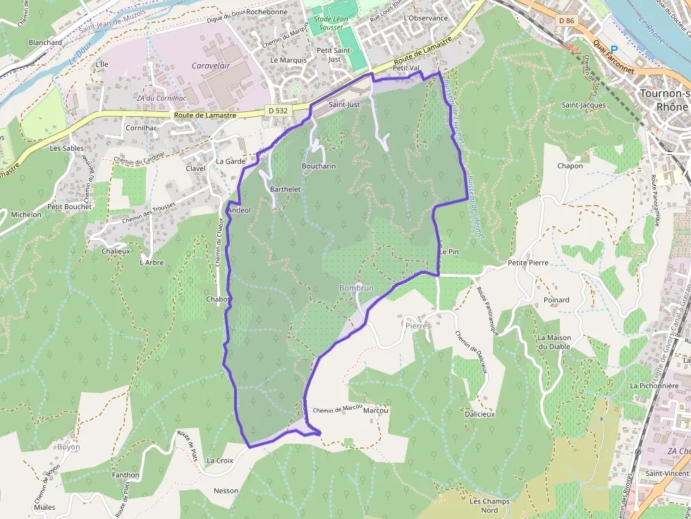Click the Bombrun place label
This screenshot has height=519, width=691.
356,288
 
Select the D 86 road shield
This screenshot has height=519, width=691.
566,20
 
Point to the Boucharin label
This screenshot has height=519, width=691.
319,166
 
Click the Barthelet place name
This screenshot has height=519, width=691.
286,189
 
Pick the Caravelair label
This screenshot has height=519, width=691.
212,65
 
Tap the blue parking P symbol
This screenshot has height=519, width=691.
613,49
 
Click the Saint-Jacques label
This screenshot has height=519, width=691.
583,105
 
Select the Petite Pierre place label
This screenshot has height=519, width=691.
527,263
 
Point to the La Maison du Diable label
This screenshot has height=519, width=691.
554,342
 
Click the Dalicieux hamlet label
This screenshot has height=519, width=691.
479,414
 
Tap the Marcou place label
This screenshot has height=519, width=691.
376,411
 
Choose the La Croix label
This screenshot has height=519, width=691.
219,461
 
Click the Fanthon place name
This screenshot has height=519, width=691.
126,475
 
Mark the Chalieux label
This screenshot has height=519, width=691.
116,251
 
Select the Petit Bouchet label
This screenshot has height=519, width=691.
69,207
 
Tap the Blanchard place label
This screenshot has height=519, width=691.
45,42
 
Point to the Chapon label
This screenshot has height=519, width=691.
570,166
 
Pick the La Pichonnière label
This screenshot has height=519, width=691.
654,386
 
